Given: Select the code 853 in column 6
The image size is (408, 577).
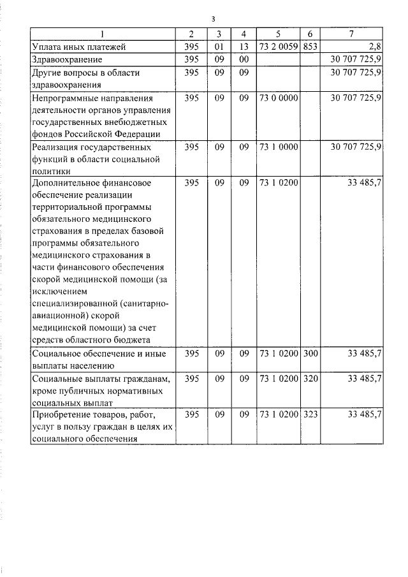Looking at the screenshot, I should [310, 47].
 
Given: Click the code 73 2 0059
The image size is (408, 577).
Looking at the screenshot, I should [278, 47].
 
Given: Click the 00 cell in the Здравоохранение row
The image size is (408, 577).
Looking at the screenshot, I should [242, 59].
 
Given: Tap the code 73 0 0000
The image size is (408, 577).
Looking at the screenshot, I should [278, 98].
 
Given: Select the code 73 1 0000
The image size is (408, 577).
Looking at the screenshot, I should [278, 147].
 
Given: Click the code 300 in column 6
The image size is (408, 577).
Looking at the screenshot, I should [310, 353].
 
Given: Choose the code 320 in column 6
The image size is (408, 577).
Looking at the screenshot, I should [310, 379].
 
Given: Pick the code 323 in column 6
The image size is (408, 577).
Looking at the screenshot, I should [310, 414].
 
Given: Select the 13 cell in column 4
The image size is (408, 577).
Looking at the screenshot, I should [242, 47].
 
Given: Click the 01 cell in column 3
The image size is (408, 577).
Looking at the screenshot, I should [219, 47].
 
